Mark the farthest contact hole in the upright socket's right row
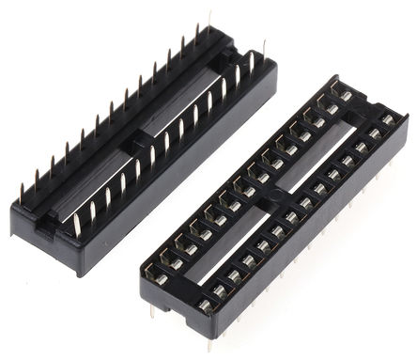tap(387, 118)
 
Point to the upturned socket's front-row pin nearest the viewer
tap(75, 226)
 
